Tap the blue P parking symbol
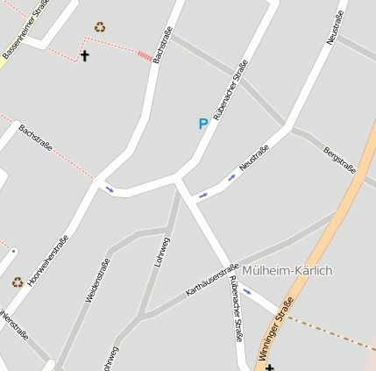(203, 125)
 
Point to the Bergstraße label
(339, 161)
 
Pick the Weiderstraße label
(97, 281)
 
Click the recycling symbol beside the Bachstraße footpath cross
(100, 27)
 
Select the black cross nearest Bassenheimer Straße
(85, 56)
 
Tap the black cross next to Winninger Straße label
(269, 367)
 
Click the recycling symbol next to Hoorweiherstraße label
(18, 282)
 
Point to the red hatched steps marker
(144, 55)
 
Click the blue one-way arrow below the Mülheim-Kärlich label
(246, 292)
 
